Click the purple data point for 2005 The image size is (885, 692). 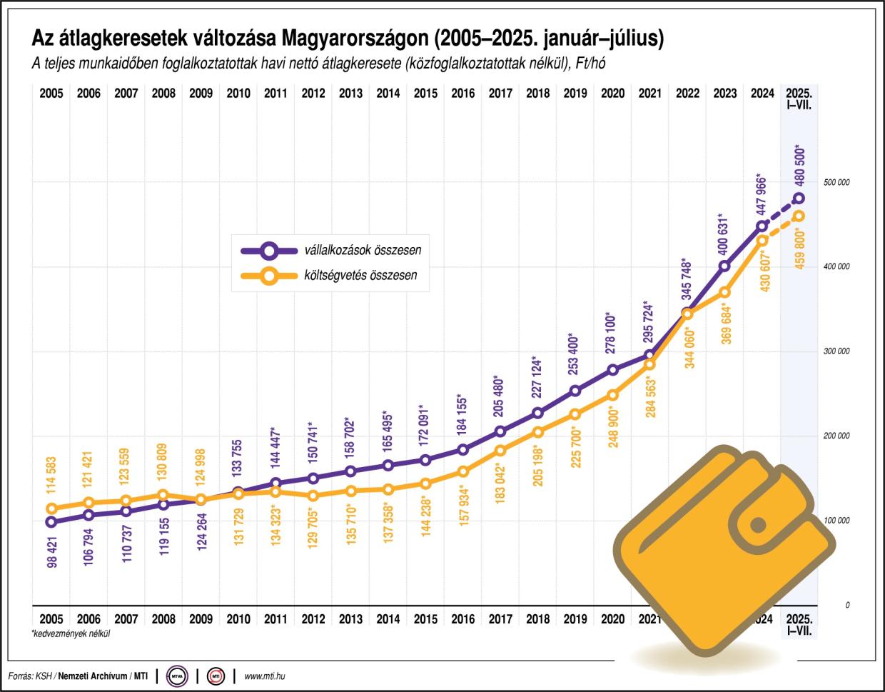pyautogui.click(x=51, y=522)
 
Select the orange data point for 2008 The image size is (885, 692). pyautogui.click(x=163, y=495)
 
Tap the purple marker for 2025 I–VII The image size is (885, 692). pyautogui.click(x=799, y=199)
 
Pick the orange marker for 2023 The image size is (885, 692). pyautogui.click(x=725, y=292)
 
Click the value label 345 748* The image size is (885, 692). pyautogui.click(x=687, y=281)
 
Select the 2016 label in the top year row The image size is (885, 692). pyautogui.click(x=463, y=94)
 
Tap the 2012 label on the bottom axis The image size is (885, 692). pyautogui.click(x=313, y=619)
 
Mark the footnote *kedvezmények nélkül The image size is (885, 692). pyautogui.click(x=71, y=633)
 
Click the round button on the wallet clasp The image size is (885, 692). pyautogui.click(x=758, y=526)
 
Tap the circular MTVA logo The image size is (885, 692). pyautogui.click(x=176, y=676)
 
